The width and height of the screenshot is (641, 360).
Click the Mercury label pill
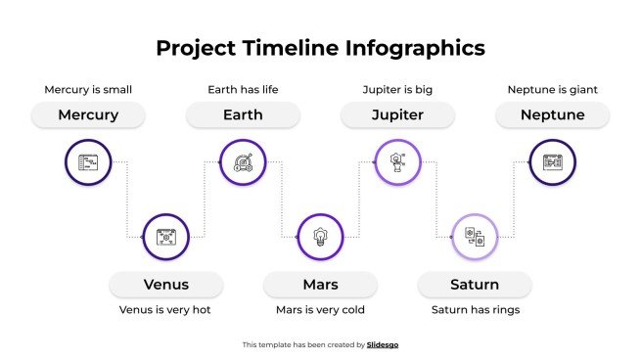pos(88,115)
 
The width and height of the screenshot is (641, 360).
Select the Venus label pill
pos(165,285)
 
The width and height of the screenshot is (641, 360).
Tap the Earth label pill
pos(243,115)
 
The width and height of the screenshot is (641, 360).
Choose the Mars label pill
pos(320,285)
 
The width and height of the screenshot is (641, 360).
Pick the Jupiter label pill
pos(397,115)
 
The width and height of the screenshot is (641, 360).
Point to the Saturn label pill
pos(475,285)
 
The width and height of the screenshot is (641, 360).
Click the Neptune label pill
pos(552,115)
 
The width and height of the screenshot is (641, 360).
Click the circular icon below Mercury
pos(88,161)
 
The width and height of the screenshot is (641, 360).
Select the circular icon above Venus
pos(165,237)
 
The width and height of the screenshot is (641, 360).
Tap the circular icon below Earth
pos(243,161)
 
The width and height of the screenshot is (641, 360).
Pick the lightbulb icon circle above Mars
pos(320,237)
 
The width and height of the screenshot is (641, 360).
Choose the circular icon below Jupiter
pos(397,161)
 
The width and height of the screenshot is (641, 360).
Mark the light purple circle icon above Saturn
pos(475,237)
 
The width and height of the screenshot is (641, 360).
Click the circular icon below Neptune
pos(552,161)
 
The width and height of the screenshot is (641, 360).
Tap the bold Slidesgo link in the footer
pos(383,344)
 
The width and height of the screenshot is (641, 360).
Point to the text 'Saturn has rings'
pos(475,310)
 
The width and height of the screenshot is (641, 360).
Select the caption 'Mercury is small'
pos(88,90)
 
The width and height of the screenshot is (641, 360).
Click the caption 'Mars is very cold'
pos(320,310)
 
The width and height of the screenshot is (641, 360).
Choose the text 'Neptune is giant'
pos(552,90)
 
